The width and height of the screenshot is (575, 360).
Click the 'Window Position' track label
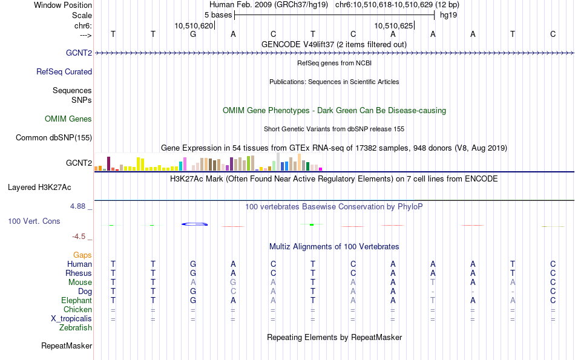[63, 5]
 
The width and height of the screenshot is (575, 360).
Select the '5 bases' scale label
[218, 15]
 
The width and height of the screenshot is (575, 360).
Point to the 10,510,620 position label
[194, 25]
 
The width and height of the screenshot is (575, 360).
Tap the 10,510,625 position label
[393, 25]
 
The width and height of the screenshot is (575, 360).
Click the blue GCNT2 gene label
[79, 53]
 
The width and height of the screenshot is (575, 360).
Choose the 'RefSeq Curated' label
[64, 71]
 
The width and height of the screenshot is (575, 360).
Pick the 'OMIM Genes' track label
[68, 119]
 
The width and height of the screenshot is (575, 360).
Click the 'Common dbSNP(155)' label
[54, 137]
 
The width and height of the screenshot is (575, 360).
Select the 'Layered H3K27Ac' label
[39, 188]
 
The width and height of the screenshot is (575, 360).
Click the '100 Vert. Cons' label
[34, 221]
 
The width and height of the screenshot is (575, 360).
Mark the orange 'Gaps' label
[82, 255]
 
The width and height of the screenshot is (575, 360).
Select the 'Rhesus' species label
[79, 273]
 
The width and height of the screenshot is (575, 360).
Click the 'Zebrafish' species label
[76, 327]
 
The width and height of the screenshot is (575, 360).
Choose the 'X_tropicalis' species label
[71, 319]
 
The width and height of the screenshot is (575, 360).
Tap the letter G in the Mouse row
[233, 283]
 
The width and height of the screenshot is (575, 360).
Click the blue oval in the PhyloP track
[195, 224]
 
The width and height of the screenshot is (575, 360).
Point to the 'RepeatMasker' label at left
[67, 345]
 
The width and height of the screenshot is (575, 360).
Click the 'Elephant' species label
[77, 300]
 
